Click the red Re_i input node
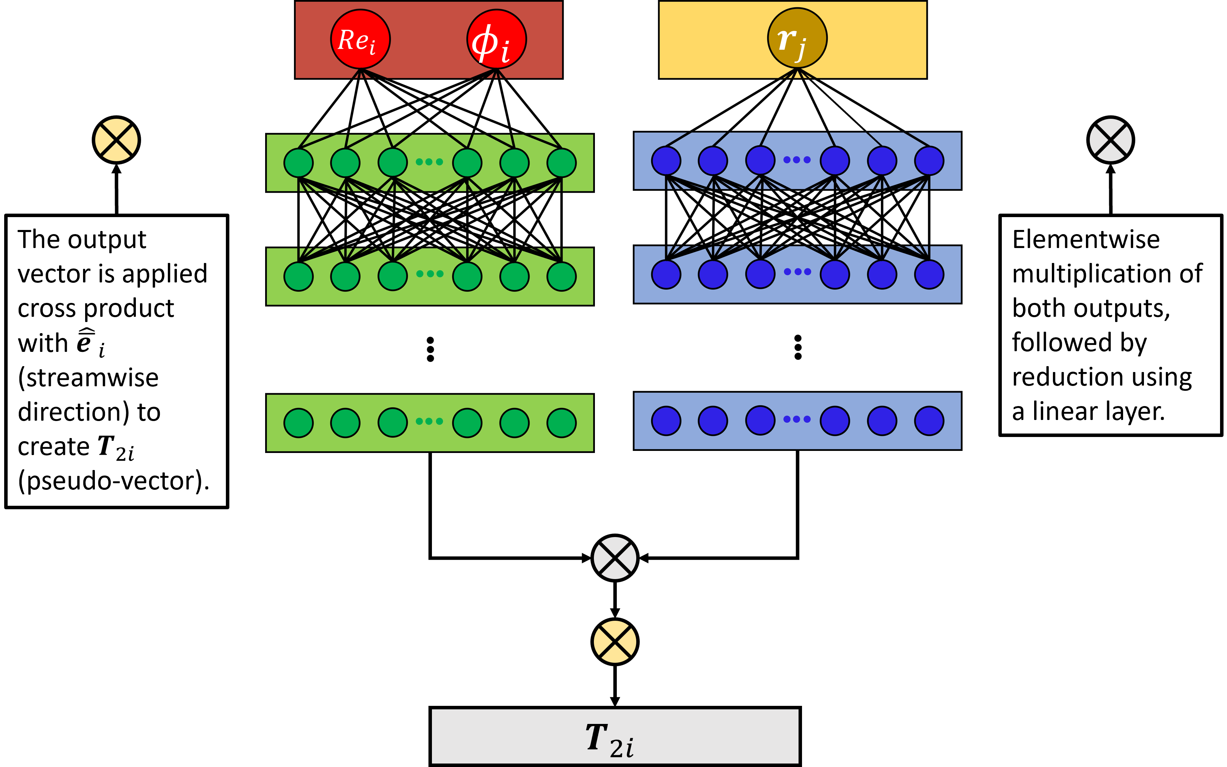[360, 39]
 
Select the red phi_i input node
[496, 39]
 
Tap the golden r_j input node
[797, 38]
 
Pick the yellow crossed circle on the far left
[116, 140]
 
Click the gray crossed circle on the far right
[1110, 140]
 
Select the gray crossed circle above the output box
[614, 558]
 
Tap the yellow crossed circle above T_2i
[614, 642]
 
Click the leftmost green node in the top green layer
[298, 163]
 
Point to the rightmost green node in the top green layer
[561, 163]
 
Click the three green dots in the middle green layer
[429, 274]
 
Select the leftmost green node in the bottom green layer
[298, 422]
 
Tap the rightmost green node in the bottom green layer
[561, 422]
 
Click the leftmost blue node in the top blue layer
[666, 161]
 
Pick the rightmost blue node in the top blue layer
[929, 161]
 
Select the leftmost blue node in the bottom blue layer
[666, 421]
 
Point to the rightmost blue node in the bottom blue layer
[929, 421]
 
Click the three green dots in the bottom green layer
[429, 421]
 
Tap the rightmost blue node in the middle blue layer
[929, 274]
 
